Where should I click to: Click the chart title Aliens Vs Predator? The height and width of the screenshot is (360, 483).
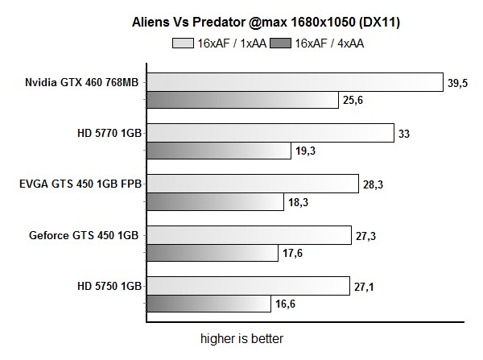(x=266, y=23)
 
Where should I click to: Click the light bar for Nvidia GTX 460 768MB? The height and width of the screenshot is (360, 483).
(x=295, y=81)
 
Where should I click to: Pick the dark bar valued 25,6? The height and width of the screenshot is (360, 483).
(x=242, y=100)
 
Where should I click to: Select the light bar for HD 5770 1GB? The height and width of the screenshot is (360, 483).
(x=270, y=133)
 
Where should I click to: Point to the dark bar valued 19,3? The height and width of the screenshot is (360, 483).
(x=218, y=151)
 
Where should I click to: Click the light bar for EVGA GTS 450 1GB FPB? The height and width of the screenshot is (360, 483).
(x=252, y=184)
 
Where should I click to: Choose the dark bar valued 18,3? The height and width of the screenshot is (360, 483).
(x=215, y=202)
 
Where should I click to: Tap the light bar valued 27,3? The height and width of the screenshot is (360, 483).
(x=249, y=235)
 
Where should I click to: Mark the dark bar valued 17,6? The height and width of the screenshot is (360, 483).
(x=213, y=253)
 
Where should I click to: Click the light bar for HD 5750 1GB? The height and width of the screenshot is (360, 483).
(x=248, y=285)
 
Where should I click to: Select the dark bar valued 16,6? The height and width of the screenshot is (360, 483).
(x=208, y=304)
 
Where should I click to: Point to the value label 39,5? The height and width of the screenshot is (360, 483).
(x=457, y=82)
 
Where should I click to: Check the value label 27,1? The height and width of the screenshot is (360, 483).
(x=363, y=286)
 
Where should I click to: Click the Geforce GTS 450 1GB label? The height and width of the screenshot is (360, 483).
(x=85, y=235)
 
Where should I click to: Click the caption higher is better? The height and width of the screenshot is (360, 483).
(x=242, y=338)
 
